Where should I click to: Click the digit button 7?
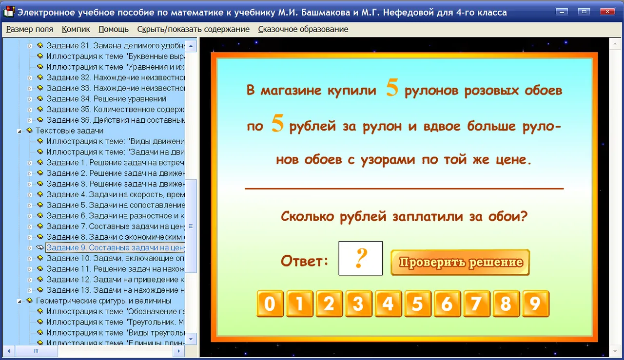(477, 304)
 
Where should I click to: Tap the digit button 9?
(536, 304)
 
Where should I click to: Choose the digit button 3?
(358, 304)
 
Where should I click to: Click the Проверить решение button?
(460, 262)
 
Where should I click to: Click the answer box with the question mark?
(360, 258)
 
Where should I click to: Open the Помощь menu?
(114, 29)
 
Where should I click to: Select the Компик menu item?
(76, 29)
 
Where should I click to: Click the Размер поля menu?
(30, 29)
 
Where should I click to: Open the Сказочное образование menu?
(303, 29)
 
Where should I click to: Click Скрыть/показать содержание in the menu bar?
(194, 29)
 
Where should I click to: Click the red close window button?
(607, 12)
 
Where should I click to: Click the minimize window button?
(562, 12)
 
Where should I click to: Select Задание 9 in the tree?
(116, 247)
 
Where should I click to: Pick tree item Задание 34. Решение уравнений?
(106, 99)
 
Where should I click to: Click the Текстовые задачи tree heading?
(70, 131)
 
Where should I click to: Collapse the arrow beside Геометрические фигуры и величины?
(19, 301)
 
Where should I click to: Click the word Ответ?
(304, 261)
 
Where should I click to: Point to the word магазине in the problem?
(291, 91)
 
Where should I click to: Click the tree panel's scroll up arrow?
(191, 46)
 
